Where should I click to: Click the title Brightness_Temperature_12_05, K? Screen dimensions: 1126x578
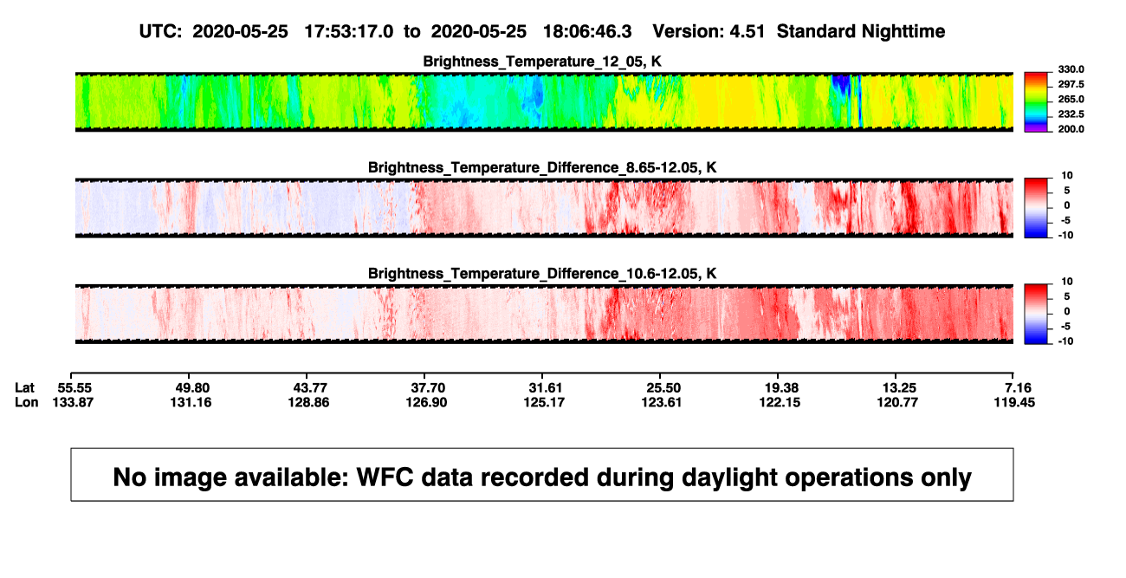coord(542,62)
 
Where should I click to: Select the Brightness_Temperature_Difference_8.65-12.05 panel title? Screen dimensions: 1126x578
coord(542,167)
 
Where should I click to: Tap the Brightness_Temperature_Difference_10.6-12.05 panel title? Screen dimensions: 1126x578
coord(542,274)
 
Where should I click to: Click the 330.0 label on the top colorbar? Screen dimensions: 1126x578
coord(1071,69)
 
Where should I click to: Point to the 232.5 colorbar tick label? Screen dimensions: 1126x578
coord(1071,114)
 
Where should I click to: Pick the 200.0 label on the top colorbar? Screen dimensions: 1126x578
coord(1071,129)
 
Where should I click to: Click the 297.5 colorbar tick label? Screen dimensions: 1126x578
coord(1071,85)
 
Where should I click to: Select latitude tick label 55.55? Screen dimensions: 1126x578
coord(74,388)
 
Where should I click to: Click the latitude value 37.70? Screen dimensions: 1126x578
coord(428,388)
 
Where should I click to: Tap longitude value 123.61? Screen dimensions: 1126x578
coord(661,402)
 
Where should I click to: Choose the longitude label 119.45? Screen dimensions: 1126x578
coord(1014,402)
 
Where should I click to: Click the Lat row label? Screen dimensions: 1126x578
coord(24,388)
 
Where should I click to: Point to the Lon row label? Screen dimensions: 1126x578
coord(26,402)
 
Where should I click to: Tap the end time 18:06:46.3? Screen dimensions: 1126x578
coord(587,32)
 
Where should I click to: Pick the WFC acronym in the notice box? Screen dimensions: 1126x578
coord(385,477)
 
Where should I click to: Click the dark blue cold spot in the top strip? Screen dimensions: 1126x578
coord(840,83)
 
